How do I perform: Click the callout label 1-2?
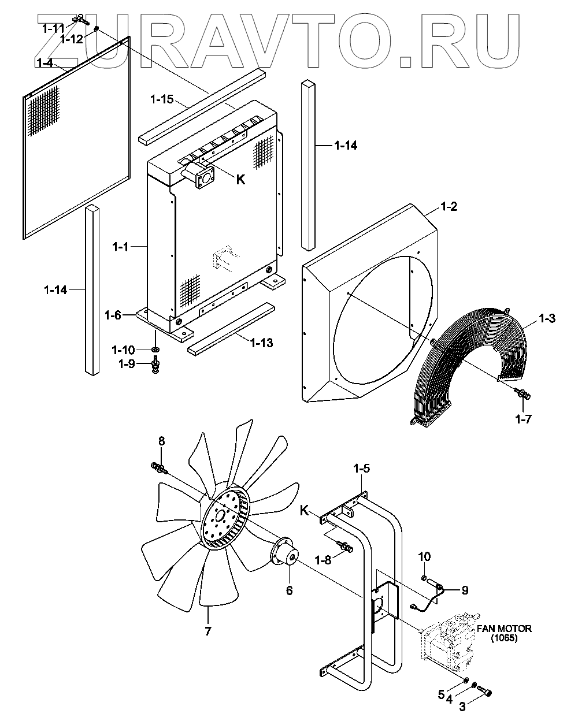(449, 206)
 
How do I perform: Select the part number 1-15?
(161, 99)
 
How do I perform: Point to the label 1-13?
(261, 343)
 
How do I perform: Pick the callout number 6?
(289, 590)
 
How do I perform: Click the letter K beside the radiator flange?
(241, 180)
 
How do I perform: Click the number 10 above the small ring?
(424, 557)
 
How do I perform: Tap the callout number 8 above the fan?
(162, 441)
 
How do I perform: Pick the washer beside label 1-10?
(155, 350)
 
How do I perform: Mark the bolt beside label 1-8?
(346, 546)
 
